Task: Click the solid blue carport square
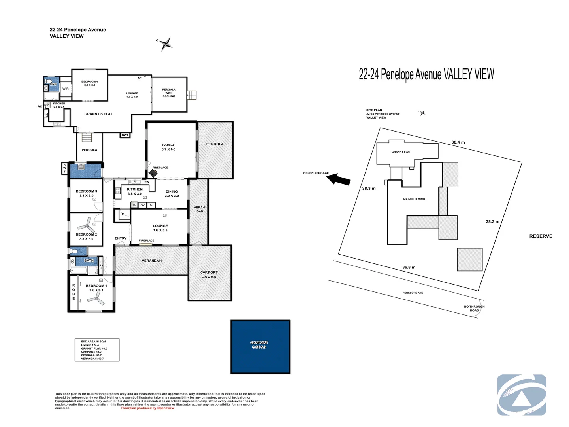pyautogui.click(x=260, y=347)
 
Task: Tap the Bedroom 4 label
pyautogui.click(x=90, y=83)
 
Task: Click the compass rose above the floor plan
pyautogui.click(x=165, y=44)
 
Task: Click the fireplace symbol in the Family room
pyautogui.click(x=153, y=173)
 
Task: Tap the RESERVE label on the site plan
pyautogui.click(x=541, y=236)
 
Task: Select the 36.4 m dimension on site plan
pyautogui.click(x=458, y=142)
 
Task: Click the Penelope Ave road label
pyautogui.click(x=413, y=293)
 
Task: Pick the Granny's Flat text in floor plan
pyautogui.click(x=98, y=114)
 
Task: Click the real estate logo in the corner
pyautogui.click(x=522, y=395)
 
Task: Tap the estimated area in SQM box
pyautogui.click(x=97, y=350)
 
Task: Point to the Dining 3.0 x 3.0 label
pyautogui.click(x=172, y=194)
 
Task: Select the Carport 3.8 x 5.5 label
pyautogui.click(x=209, y=274)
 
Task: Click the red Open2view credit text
pyautogui.click(x=148, y=408)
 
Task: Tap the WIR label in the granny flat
pyautogui.click(x=66, y=89)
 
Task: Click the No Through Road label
pyautogui.click(x=474, y=308)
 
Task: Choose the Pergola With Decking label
pyautogui.click(x=169, y=93)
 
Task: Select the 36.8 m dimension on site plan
pyautogui.click(x=409, y=268)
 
